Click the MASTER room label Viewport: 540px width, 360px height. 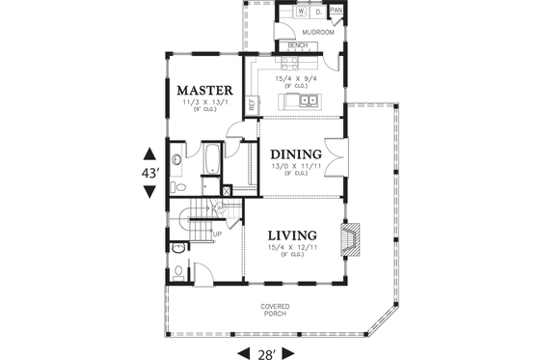tap(204, 91)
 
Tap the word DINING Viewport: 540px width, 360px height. tap(295, 154)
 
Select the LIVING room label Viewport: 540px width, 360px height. tap(293, 235)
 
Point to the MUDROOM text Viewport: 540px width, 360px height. tap(317, 32)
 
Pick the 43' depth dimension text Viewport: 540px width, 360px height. tap(149, 172)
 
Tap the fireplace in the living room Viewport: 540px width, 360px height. tap(351, 239)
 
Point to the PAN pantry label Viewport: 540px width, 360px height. tap(336, 11)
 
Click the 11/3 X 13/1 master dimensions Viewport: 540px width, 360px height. tap(204, 103)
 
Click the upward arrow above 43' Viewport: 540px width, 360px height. tap(149, 153)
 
